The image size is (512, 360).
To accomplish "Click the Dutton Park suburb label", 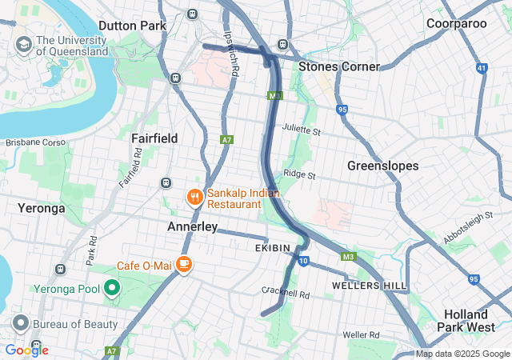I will pos(133,26).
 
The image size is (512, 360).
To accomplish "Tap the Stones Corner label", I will pos(338,66).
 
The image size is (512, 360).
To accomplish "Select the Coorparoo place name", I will pos(456,23).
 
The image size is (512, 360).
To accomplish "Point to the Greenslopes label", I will pos(382,166).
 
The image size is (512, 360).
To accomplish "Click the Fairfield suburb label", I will pos(154,138).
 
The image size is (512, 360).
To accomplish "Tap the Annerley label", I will pos(192,227).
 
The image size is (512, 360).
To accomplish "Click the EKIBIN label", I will pos(273,249).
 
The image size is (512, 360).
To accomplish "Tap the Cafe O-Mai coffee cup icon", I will pos(184,264).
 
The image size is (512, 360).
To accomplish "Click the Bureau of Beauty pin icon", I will pos(19,324).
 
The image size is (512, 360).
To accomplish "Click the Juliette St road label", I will pos(301,130).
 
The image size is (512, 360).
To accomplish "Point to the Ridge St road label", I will pos(299,174).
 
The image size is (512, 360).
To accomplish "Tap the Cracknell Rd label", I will pos(285,294).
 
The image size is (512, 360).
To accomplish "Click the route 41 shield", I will pos(481,69).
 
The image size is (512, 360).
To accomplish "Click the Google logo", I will pos(26,350).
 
